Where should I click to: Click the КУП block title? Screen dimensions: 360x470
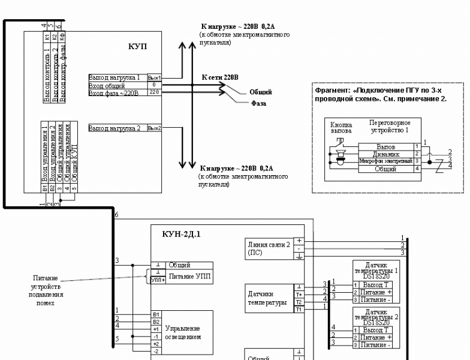137,47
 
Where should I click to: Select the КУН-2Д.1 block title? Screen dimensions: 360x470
181,234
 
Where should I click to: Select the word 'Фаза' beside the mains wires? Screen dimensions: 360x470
258,103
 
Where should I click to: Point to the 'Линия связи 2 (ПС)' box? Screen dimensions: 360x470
268,248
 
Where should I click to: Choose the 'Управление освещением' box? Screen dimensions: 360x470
183,332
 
